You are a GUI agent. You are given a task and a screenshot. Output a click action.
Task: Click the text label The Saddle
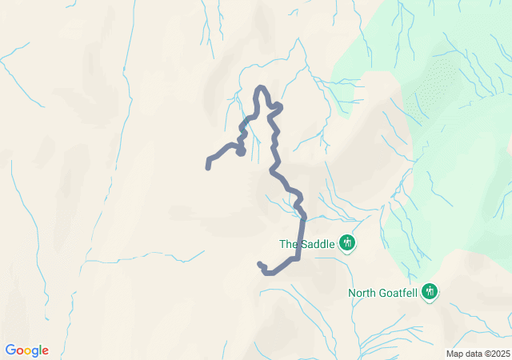click(306, 244)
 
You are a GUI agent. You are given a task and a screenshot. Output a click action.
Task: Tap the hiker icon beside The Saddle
click(346, 242)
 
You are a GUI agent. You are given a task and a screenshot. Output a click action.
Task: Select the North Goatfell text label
click(384, 293)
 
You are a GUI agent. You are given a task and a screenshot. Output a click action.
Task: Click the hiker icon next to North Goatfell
click(430, 291)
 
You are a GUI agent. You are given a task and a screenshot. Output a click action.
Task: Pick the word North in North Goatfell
click(362, 293)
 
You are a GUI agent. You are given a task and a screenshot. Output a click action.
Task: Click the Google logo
click(26, 350)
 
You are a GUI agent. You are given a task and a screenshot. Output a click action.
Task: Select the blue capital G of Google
click(10, 350)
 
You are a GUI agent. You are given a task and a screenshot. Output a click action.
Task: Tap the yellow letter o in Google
click(30, 351)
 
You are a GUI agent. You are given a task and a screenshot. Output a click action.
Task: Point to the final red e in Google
click(45, 351)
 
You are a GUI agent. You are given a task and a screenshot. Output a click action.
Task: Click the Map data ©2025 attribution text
click(477, 354)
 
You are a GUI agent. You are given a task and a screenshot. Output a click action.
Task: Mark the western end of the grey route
click(208, 167)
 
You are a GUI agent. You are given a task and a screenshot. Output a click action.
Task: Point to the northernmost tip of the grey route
click(260, 87)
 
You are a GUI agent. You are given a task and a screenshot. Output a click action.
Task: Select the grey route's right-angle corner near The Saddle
click(298, 258)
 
